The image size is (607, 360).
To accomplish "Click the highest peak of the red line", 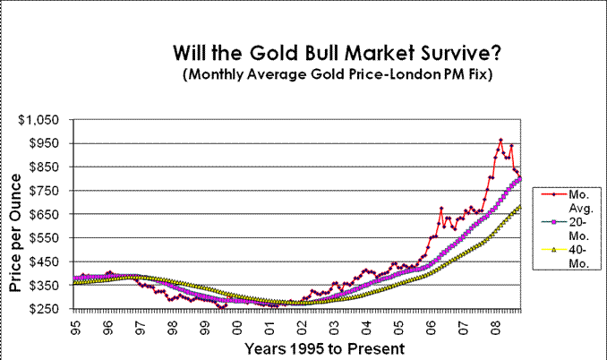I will pos(500,140).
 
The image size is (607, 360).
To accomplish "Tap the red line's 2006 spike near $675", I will pos(441,209).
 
